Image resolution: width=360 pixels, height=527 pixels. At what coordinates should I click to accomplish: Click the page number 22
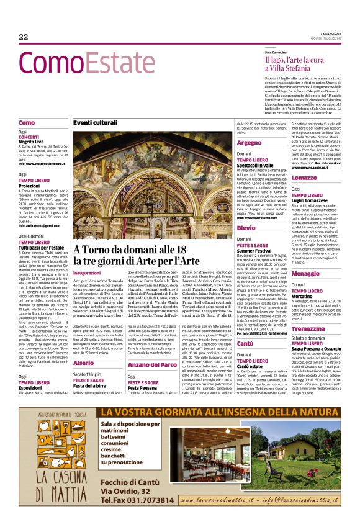click(x=24, y=37)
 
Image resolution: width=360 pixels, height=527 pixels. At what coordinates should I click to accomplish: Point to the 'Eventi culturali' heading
click(x=95, y=123)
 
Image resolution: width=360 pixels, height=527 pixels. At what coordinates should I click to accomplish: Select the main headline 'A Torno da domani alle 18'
click(x=137, y=250)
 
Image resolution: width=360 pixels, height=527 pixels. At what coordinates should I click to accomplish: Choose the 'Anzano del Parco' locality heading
click(x=152, y=364)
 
